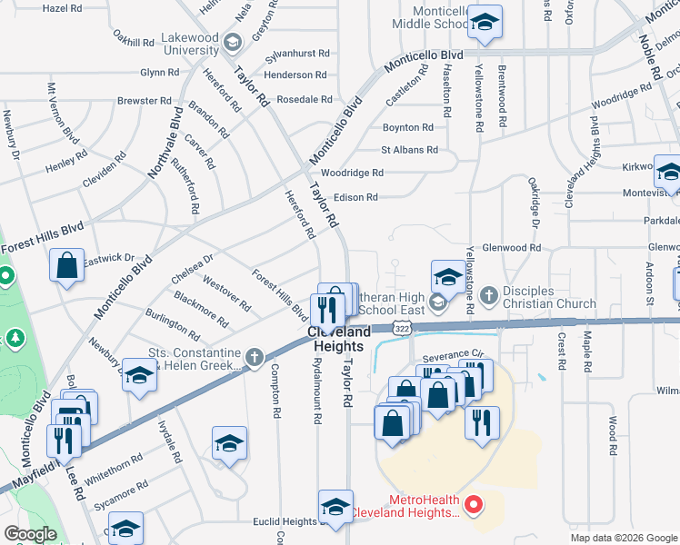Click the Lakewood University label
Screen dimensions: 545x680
(x=191, y=44)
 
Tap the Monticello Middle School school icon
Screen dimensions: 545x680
(x=485, y=25)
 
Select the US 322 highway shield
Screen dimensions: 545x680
(x=401, y=325)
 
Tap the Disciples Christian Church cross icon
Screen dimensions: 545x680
(x=488, y=295)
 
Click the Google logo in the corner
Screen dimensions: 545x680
(x=30, y=534)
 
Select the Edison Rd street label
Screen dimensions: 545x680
(x=355, y=197)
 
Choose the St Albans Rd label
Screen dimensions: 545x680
(x=409, y=150)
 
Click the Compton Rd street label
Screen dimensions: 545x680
(x=275, y=391)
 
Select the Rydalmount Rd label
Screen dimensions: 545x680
(x=318, y=397)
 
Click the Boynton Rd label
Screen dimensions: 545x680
(x=408, y=128)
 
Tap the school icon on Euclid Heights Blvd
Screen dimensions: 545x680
(x=335, y=508)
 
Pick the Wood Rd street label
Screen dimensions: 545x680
(x=614, y=435)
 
